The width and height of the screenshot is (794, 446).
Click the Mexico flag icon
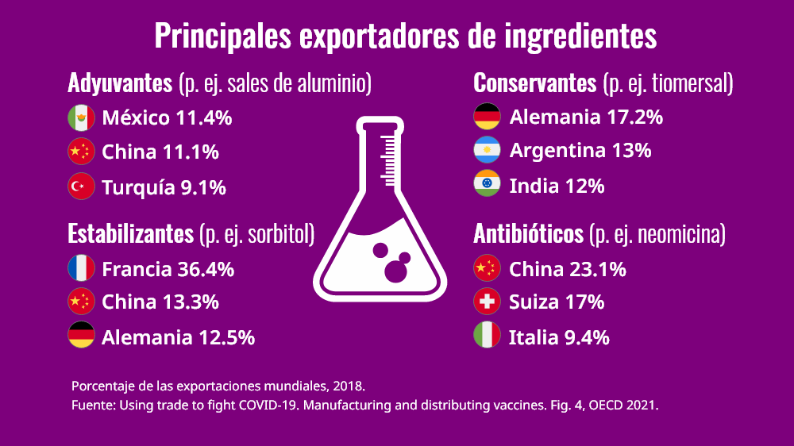tap(81, 118)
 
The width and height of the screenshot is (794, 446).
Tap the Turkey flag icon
tap(81, 187)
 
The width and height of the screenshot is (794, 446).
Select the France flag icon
tap(81, 269)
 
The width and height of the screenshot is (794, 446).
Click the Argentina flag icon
tap(487, 150)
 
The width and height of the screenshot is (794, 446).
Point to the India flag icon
tap(487, 185)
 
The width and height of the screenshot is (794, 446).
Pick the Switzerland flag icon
tap(487, 302)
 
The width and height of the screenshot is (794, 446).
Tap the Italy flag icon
tap(487, 336)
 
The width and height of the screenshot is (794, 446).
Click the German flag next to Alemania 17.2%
tap(487, 117)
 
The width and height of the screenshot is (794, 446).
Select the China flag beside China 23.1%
tap(487, 269)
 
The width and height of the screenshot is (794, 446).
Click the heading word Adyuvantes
tap(120, 83)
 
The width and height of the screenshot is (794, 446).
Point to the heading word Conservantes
tap(534, 83)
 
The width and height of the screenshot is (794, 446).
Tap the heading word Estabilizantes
tap(130, 234)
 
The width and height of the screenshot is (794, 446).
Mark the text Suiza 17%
tap(557, 302)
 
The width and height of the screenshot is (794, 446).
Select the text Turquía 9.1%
tap(164, 188)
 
